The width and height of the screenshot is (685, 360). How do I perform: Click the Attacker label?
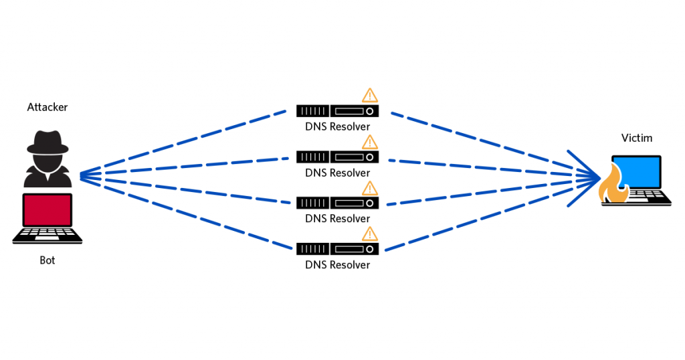click(x=47, y=107)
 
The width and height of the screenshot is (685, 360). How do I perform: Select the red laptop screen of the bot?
click(x=47, y=209)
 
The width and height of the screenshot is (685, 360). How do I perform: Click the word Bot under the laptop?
click(x=47, y=260)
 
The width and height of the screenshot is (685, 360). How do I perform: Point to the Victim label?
click(x=636, y=138)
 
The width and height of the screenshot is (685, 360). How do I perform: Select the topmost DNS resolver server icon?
click(x=337, y=110)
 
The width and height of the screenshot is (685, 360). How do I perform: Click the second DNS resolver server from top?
click(x=337, y=157)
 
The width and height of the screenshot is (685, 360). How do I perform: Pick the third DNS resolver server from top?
click(x=337, y=202)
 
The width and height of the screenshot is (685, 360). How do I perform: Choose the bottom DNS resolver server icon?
click(x=337, y=248)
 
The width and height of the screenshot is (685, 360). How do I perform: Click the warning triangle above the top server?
click(x=369, y=96)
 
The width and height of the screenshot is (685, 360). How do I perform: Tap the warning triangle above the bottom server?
click(x=369, y=234)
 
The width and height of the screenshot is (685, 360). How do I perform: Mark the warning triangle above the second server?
click(x=369, y=142)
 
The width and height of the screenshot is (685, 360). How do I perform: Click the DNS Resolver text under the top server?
click(x=337, y=126)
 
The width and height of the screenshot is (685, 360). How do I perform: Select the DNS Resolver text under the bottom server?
click(x=337, y=264)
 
